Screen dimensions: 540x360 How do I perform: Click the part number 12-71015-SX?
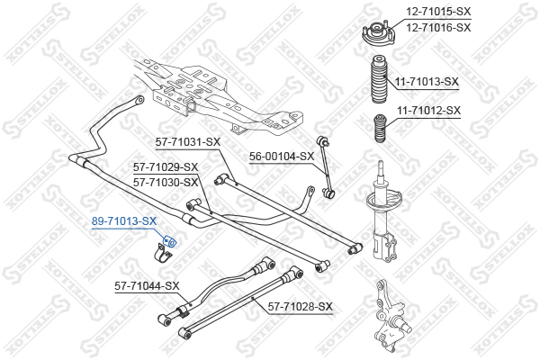438,12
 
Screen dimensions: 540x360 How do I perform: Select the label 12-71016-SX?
438,27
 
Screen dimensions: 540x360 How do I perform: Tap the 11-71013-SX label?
427,82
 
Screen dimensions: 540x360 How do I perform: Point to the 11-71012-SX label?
428,111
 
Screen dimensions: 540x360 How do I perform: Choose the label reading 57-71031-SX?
188,142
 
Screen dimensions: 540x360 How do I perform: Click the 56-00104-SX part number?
282,157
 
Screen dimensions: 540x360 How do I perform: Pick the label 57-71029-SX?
166,167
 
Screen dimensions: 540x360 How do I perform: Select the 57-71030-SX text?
166,182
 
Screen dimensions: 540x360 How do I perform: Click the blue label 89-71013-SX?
124,221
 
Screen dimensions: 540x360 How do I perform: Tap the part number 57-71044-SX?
147,286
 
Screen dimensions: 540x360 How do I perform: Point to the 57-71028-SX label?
301,306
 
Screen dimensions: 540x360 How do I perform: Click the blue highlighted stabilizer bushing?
169,241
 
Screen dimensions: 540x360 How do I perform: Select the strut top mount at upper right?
378,34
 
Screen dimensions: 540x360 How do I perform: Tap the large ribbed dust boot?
378,79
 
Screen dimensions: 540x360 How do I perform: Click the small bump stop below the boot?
381,128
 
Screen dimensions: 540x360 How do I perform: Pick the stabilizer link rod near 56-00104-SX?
326,167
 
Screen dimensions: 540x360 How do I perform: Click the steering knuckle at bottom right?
390,316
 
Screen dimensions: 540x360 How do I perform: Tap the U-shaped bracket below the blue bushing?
161,254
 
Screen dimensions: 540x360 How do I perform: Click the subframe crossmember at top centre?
218,97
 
